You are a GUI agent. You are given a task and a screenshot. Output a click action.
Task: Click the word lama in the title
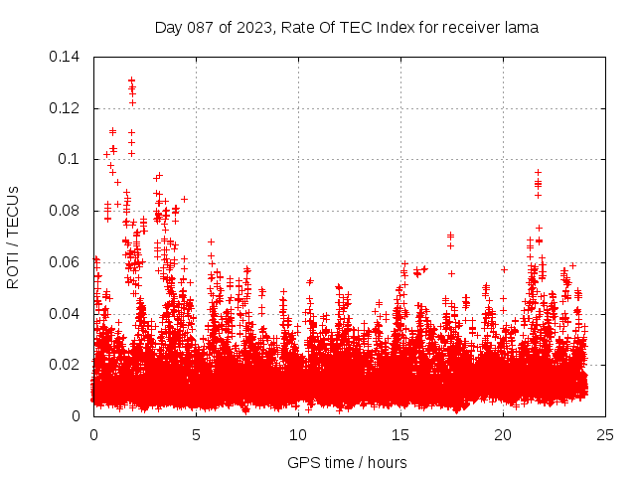tap(522, 28)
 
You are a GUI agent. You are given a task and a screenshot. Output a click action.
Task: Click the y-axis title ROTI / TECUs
tap(13, 237)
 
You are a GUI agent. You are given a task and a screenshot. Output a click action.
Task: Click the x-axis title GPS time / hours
tap(346, 462)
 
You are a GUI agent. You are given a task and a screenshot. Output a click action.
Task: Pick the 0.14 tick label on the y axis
tap(66, 57)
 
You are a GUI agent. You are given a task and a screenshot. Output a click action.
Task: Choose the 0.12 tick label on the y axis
tap(66, 108)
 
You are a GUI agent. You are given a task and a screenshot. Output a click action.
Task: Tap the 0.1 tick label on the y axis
tap(70, 159)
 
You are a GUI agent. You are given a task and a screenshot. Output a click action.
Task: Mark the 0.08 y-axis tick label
tap(66, 211)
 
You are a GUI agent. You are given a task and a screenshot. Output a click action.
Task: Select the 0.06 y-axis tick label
tap(66, 262)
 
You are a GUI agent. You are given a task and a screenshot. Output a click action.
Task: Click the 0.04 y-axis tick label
tap(66, 314)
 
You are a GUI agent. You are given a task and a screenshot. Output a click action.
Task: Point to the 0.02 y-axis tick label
tap(66, 365)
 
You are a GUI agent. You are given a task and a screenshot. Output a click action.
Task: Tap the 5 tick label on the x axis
tap(196, 435)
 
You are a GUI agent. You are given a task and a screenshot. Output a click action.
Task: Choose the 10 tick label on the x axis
tap(298, 435)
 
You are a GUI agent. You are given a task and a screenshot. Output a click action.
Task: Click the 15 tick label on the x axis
tap(400, 435)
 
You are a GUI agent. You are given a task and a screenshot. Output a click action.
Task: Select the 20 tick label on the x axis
tap(503, 435)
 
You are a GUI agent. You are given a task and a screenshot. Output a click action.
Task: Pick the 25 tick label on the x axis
tap(605, 435)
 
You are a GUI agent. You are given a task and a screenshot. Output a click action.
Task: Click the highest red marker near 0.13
tap(131, 79)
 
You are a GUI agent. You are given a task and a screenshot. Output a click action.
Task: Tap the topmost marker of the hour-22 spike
tap(538, 172)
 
